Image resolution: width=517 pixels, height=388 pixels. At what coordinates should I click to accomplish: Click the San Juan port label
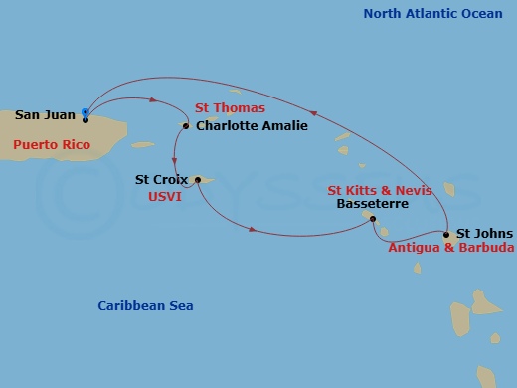tap(46, 114)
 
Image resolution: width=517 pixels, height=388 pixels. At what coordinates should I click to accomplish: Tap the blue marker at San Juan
tap(86, 112)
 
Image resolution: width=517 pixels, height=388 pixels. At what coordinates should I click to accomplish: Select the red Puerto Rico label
tap(52, 145)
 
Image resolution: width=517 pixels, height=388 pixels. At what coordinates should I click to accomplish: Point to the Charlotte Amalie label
tap(252, 126)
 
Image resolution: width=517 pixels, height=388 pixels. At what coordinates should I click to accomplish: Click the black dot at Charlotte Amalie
tap(186, 126)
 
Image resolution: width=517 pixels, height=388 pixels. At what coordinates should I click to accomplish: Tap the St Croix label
tap(162, 180)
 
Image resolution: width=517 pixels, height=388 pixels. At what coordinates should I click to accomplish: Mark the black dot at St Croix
tap(198, 180)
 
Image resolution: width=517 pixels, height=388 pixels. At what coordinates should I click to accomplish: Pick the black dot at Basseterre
tap(373, 219)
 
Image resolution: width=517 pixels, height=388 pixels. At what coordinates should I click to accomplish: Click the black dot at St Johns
tap(446, 235)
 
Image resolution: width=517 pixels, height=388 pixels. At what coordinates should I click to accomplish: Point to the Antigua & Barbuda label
tap(450, 248)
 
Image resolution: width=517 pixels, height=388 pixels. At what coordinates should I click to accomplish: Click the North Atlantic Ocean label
tap(432, 13)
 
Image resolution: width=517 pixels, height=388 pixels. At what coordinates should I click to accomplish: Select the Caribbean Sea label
tap(145, 306)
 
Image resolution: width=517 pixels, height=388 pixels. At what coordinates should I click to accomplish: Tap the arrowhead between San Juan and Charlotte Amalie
tap(155, 98)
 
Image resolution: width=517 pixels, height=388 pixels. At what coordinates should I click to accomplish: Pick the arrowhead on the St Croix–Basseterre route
tap(255, 231)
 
